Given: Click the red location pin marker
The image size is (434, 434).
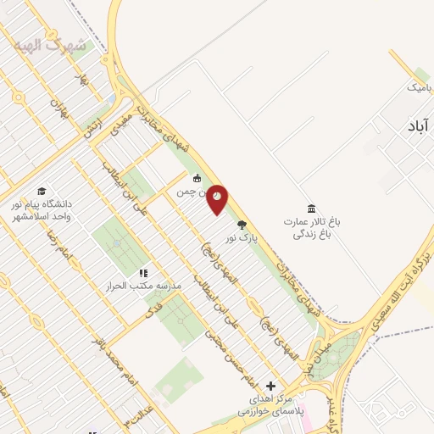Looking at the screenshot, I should coord(218,198).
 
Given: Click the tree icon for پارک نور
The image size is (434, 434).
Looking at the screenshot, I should coord(242,225).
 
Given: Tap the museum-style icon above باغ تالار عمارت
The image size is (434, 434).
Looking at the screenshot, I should coord(311,209).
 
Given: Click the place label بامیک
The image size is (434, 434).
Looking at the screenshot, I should coord(419,86).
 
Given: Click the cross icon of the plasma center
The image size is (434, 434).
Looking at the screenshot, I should coord(270,385).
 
